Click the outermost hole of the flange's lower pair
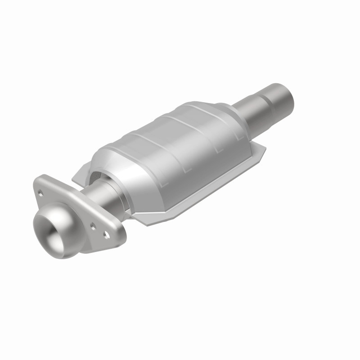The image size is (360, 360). point(107,234)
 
